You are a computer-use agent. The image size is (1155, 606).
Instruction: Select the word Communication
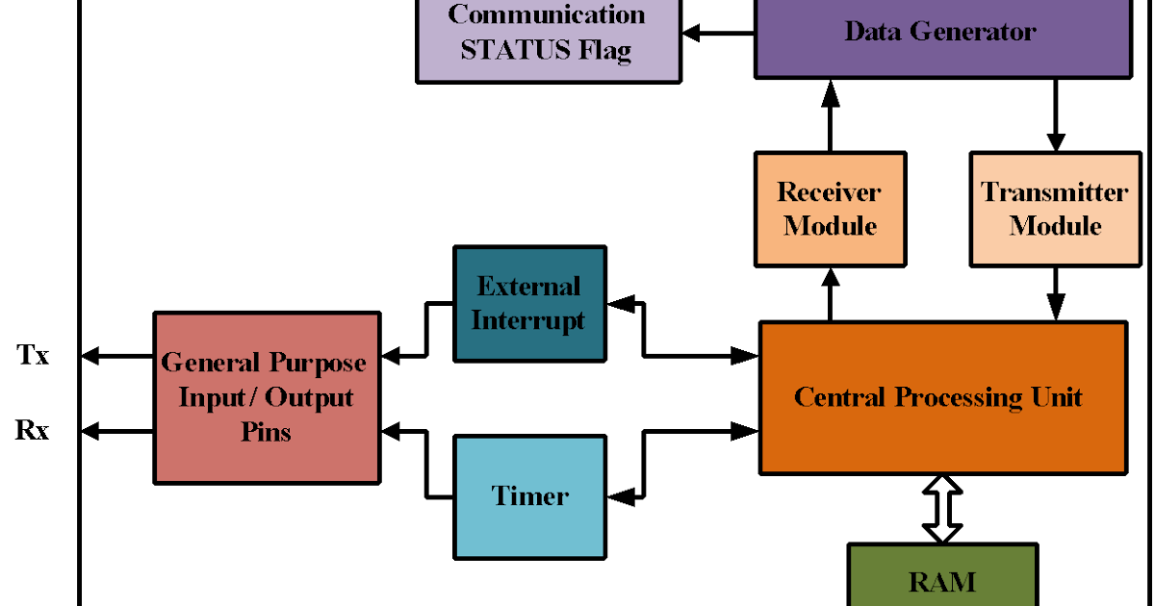547,14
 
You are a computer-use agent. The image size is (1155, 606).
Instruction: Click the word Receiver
829,191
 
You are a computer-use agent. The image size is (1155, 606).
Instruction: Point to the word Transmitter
1054,191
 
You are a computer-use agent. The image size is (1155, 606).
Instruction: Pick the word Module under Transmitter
1055,226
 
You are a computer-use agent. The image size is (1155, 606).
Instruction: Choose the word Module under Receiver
830,226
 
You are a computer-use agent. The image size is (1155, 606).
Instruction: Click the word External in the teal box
528,287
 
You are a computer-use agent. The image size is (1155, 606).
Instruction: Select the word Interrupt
528,320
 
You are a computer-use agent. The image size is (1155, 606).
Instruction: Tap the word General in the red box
211,363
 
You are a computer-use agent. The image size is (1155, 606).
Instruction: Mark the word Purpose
318,363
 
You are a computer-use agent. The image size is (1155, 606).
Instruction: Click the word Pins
266,432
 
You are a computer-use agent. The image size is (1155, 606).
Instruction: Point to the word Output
309,397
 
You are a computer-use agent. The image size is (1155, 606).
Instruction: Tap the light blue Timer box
529,496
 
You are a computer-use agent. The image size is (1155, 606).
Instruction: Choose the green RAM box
941,580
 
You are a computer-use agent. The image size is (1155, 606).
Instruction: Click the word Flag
604,50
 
